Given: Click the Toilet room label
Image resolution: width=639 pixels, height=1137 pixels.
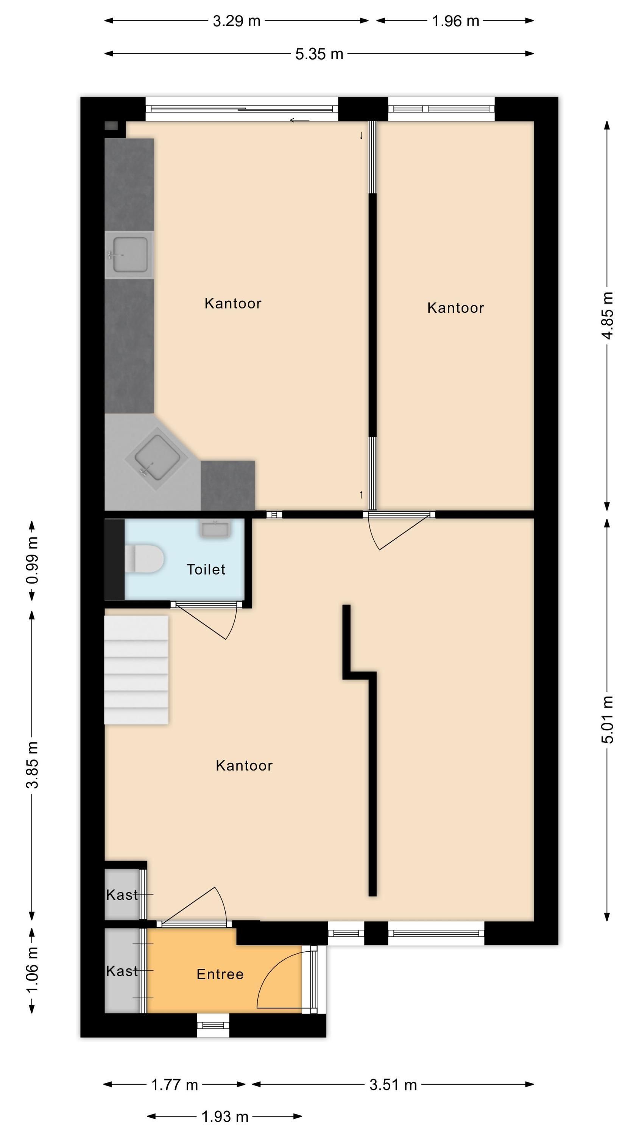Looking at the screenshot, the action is (x=206, y=569).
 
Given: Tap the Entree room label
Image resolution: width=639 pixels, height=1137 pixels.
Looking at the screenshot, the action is (x=220, y=974).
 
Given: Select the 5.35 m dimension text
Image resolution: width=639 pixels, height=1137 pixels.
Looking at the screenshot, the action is (x=319, y=54).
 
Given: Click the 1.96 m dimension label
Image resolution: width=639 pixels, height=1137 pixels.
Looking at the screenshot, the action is (x=455, y=21).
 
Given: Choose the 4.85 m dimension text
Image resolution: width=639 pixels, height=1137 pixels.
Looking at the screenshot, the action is (x=608, y=316).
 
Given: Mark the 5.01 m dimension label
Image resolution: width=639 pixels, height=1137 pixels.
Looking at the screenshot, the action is (x=608, y=719).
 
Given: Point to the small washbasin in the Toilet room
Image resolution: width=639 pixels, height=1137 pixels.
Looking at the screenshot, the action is (x=215, y=528).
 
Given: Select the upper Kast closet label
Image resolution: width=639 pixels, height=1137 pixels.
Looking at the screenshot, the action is (x=122, y=895).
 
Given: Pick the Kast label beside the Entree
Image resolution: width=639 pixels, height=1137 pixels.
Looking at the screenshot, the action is (x=122, y=971).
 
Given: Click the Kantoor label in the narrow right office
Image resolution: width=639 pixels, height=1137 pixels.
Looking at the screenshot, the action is (x=455, y=308).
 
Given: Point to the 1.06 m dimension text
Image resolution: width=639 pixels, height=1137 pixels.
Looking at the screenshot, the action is (x=32, y=970).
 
